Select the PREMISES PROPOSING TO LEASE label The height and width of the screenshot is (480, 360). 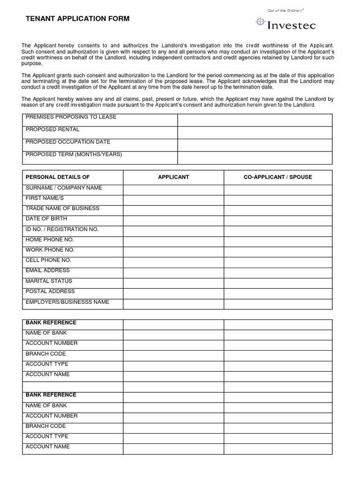click(71, 117)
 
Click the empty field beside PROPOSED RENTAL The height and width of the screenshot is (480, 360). click(255, 133)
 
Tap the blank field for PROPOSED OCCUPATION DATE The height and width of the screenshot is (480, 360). click(255, 145)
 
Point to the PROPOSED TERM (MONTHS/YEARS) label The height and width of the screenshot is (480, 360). click(74, 154)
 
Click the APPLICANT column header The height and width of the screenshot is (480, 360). click(173, 177)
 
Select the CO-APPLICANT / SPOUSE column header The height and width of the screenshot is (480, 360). click(277, 177)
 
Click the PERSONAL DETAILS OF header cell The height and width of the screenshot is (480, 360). click(57, 177)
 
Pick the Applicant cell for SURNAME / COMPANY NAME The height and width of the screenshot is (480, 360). click(173, 189)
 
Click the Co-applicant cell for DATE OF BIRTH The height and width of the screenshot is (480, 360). click(277, 221)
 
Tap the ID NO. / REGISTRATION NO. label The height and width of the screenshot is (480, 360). click(62, 229)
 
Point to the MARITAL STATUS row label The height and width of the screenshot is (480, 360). click(49, 281)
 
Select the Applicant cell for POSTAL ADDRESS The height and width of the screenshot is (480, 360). click(173, 293)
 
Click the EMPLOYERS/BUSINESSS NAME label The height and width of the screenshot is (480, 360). click(67, 302)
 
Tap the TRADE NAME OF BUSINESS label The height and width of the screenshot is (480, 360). click(62, 208)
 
